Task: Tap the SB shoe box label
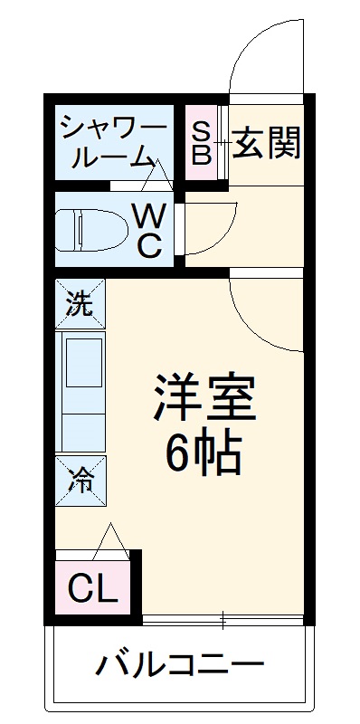pyautogui.click(x=201, y=141)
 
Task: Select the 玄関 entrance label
pyautogui.click(x=266, y=143)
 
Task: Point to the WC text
pyautogui.click(x=149, y=229)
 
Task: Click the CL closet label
pyautogui.click(x=94, y=591)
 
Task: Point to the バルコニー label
pyautogui.click(x=180, y=669)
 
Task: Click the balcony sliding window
pyautogui.click(x=223, y=621)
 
